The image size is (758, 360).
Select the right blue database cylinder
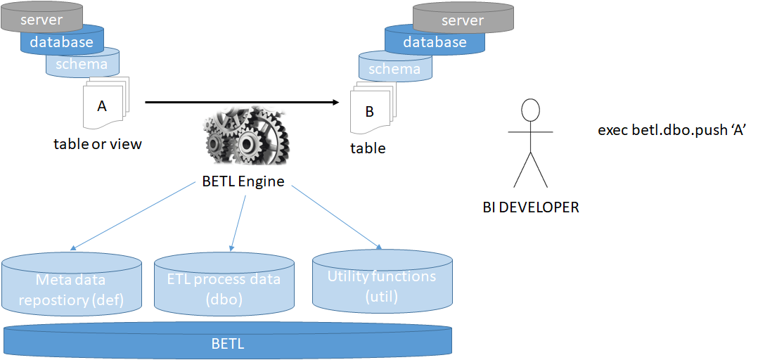435,41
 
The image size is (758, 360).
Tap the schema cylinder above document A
82,64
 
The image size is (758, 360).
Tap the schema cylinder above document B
394,68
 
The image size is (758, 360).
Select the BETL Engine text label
243,181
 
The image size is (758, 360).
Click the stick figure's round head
530,110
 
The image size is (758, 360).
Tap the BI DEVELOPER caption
531,207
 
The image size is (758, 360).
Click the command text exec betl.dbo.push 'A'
671,130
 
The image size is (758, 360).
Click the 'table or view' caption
98,144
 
